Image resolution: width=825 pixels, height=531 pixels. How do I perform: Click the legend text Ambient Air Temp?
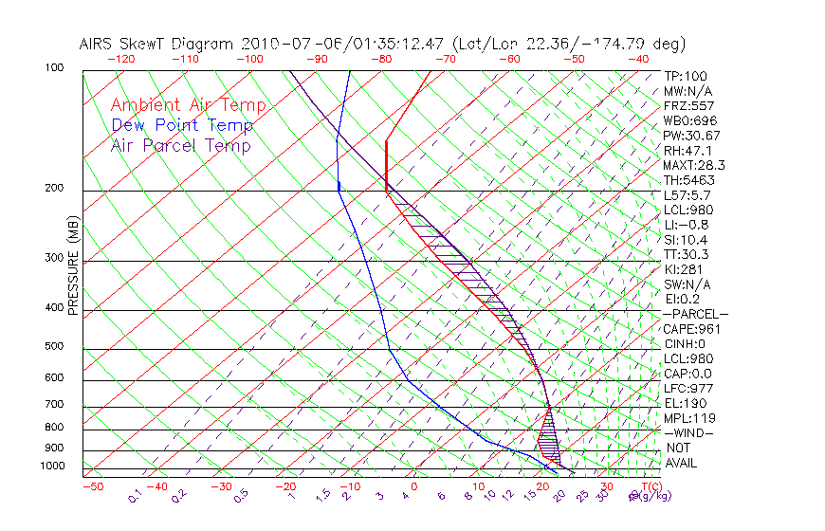188,106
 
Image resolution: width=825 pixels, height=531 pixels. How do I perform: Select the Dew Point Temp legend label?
182,126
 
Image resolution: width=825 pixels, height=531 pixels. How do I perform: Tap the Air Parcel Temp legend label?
180,146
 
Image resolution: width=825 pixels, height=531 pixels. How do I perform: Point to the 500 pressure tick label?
54,347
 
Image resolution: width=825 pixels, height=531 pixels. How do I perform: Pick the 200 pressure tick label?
54,189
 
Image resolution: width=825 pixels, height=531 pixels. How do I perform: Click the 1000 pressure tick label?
51,467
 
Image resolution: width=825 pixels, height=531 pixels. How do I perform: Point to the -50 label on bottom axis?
92,486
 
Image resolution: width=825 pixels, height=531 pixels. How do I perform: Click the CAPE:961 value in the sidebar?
688,329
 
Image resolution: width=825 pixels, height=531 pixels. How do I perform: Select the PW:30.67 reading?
690,136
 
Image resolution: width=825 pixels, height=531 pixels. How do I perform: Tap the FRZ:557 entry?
688,105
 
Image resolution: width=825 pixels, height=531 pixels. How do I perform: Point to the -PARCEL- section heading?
695,314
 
